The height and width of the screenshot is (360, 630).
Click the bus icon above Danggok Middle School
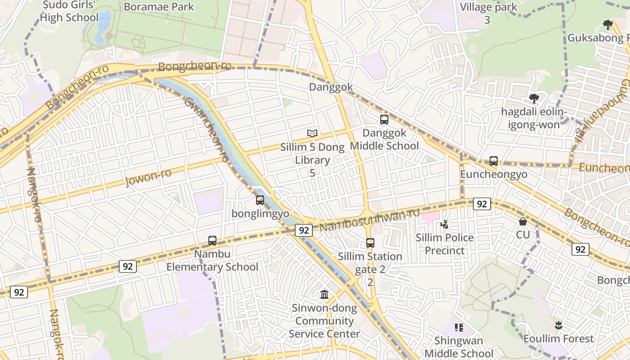pos(384,120)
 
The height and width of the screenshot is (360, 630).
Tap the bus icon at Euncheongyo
pos(494,161)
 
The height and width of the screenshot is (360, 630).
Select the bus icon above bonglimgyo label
pos(260,200)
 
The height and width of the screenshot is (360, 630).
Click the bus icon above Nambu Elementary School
pos(212,241)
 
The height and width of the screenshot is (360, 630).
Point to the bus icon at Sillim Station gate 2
pos(370,243)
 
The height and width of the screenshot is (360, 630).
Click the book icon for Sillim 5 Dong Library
pos(312,133)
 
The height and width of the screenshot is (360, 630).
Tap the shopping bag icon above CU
pos(523,221)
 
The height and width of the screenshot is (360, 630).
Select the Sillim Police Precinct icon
pos(445,224)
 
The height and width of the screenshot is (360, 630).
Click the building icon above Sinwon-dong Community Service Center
pos(324,295)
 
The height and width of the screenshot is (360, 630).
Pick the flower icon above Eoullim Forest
pos(558,325)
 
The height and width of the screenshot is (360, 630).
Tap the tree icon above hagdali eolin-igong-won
pos(534,98)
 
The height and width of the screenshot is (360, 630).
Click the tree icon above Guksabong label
pos(608,24)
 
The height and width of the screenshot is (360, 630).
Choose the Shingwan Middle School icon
pos(459,327)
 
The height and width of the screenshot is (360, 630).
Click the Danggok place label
pos(331,87)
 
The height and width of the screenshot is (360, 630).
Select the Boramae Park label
pos(158,7)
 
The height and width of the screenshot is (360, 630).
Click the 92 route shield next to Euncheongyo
pos(481,204)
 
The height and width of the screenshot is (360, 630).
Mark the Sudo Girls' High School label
pos(69,11)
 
